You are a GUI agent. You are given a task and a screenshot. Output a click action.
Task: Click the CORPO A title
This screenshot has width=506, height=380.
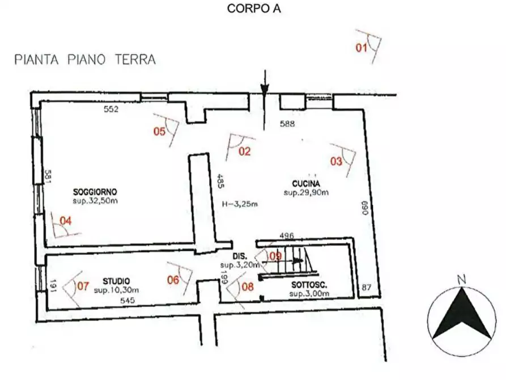254,9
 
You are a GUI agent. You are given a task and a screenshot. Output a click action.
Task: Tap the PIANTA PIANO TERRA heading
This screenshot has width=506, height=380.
85,60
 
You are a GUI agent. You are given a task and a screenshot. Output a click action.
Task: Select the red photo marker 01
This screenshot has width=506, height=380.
362,48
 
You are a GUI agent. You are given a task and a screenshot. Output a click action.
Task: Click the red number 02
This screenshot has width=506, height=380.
244,151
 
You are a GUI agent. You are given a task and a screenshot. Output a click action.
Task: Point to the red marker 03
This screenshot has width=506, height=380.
337,161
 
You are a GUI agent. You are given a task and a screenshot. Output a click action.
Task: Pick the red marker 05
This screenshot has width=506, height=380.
160,132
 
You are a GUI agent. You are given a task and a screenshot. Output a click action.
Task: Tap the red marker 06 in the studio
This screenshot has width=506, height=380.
173,279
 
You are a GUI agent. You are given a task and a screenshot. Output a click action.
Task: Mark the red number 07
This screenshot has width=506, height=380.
83,286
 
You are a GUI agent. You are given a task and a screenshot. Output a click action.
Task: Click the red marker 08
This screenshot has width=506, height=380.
248,286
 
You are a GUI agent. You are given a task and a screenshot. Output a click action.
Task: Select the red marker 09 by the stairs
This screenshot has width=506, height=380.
275,256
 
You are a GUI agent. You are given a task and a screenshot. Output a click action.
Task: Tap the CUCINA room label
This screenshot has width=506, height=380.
307,183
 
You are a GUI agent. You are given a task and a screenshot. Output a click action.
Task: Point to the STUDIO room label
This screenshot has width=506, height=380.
116,281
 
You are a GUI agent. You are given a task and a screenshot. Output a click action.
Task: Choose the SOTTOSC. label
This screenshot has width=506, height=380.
309,285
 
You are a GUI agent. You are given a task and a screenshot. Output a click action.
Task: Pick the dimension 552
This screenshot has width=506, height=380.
110,109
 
